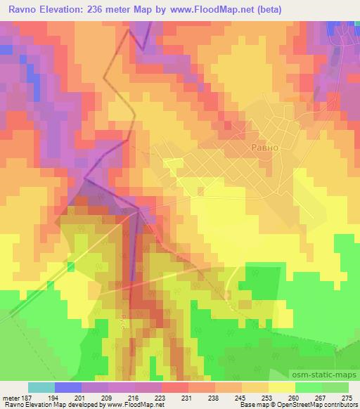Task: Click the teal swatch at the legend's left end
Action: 41,387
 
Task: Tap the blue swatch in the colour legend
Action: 68,387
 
